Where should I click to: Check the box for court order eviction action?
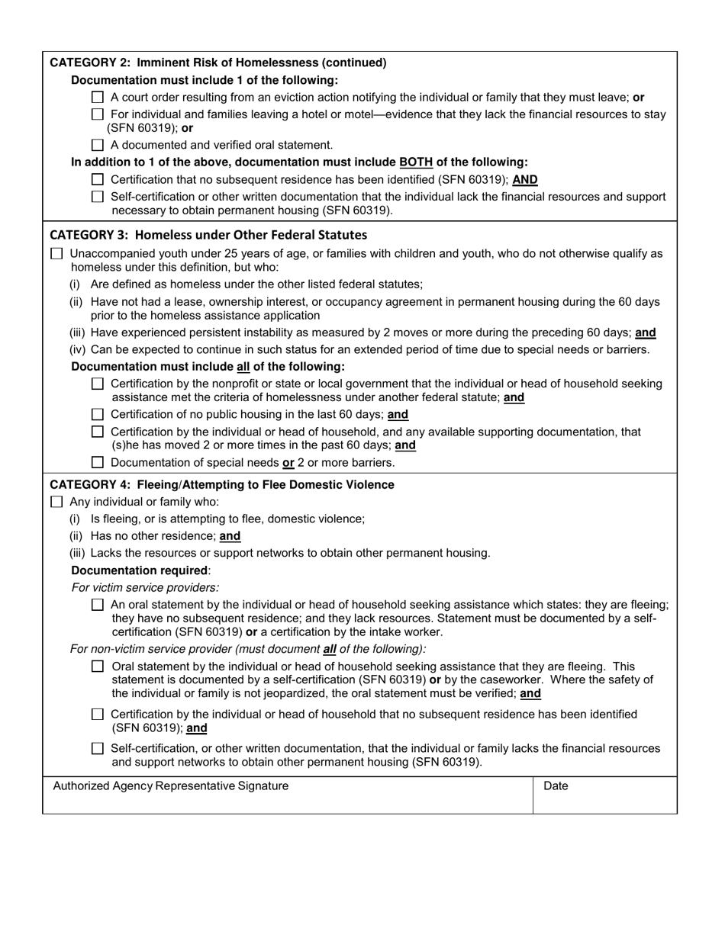[x=97, y=98]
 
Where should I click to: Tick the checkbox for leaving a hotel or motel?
[x=97, y=114]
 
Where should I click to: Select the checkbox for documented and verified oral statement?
[x=97, y=145]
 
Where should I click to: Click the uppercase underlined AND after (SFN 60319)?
[x=525, y=180]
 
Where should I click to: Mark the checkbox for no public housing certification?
[x=97, y=415]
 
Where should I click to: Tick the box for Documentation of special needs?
[x=97, y=462]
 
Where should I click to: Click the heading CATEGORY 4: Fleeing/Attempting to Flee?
[x=221, y=485]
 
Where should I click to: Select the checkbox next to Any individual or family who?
[x=56, y=502]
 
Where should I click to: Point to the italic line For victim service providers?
[x=145, y=587]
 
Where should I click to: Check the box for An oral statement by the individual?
[x=97, y=605]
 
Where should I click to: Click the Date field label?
[x=556, y=786]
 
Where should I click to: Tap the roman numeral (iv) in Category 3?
[x=78, y=350]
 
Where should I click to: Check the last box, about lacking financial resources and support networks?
[x=97, y=749]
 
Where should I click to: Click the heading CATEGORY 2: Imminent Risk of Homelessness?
[x=217, y=63]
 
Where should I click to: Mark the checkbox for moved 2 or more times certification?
[x=97, y=432]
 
